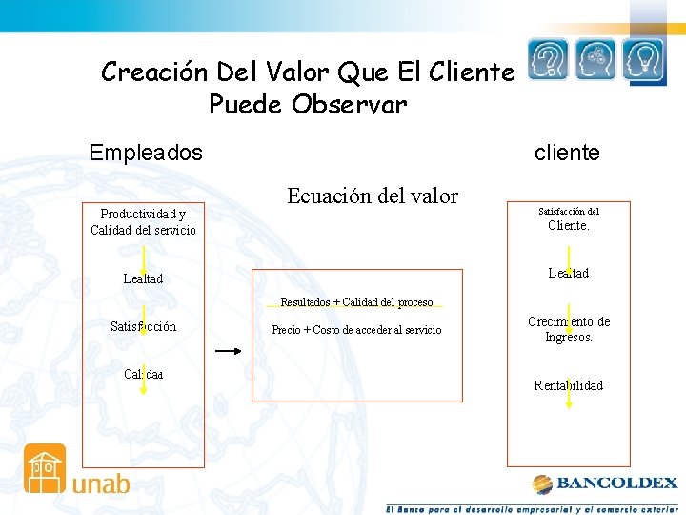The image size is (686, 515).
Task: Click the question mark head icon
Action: [x=550, y=61]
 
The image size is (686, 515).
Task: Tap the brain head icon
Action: [x=596, y=61]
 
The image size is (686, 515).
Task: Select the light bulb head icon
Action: [x=644, y=61]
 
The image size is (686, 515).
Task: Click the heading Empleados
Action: [x=146, y=153]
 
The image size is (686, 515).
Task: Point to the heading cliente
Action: [x=567, y=153]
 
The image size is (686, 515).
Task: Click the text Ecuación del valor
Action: [x=373, y=196]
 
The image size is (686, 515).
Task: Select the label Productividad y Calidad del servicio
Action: [x=143, y=222]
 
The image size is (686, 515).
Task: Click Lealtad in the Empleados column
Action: [x=143, y=279]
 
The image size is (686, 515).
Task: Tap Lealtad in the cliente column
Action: [x=569, y=274]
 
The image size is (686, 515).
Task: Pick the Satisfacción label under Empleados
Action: [x=143, y=327]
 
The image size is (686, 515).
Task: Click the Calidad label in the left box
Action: [x=143, y=374]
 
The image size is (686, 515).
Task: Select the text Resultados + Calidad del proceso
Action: [x=356, y=302]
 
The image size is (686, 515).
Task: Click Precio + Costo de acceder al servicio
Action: [x=356, y=330]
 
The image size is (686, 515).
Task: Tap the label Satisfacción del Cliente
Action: [x=569, y=219]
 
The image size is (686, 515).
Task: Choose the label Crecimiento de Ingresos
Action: [x=569, y=329]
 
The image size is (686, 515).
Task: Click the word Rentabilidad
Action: [x=569, y=386]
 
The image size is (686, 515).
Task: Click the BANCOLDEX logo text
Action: [x=616, y=484]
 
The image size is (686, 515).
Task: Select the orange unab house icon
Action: [x=45, y=468]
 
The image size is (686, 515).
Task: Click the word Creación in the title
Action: [x=155, y=72]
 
